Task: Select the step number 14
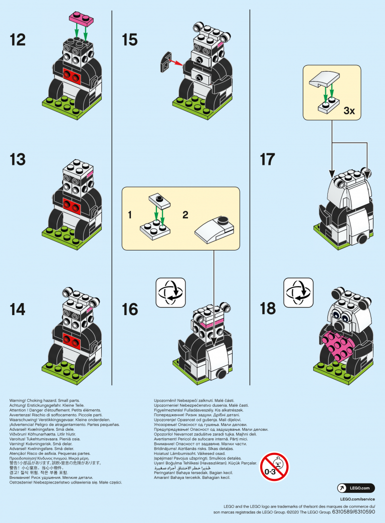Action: [18, 309]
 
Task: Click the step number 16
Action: [130, 309]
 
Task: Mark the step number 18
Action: [268, 309]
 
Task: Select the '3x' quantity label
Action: [349, 111]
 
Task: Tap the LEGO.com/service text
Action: [357, 498]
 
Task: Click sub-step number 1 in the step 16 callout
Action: [129, 215]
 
